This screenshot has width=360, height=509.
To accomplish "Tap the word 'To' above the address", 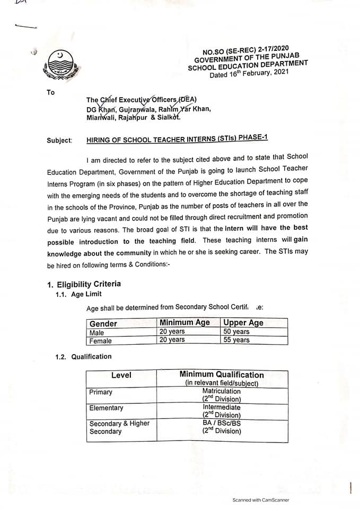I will tap(50, 92).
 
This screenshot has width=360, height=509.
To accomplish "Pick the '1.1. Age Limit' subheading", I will tap(78, 294).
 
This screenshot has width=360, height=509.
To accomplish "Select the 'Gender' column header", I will tap(103, 323).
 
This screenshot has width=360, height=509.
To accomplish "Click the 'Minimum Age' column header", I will tap(185, 322).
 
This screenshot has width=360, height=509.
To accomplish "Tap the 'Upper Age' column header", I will tap(243, 322).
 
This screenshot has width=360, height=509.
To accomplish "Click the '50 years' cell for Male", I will tap(236, 332).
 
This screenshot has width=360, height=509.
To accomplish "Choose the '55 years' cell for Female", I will tap(236, 340).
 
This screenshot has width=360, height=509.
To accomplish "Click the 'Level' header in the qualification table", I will tap(121, 375).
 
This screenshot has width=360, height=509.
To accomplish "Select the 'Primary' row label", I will tap(101, 392).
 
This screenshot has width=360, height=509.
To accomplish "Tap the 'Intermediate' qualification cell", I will tap(221, 407).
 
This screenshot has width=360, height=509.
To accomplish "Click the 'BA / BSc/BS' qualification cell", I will tap(221, 423).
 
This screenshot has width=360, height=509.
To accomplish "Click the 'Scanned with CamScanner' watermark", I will tap(261, 500).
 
